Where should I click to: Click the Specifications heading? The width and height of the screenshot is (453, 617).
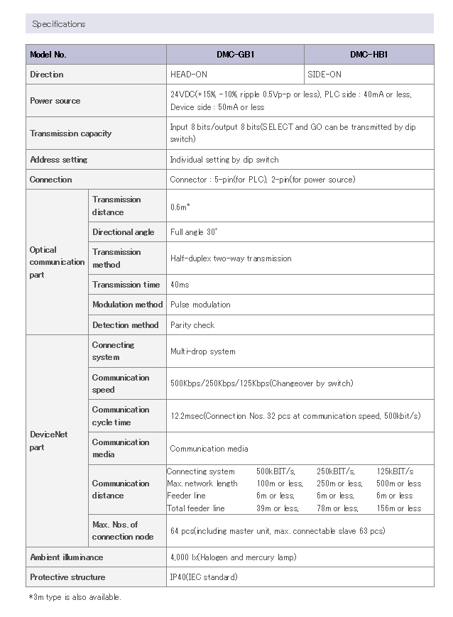point(59,24)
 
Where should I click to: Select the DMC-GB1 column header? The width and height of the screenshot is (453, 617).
point(235,55)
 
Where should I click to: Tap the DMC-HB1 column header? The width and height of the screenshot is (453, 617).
point(369,55)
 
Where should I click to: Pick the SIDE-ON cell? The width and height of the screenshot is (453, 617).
point(324,75)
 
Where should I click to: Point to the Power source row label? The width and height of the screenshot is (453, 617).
point(55,101)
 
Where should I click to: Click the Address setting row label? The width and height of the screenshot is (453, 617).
point(59,160)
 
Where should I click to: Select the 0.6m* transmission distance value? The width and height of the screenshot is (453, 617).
point(180,207)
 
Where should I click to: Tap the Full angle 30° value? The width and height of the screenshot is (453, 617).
point(194,232)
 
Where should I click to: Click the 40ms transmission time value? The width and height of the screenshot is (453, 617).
point(180,285)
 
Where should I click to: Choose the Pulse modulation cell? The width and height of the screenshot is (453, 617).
point(200,305)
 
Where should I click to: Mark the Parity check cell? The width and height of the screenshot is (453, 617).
point(192,325)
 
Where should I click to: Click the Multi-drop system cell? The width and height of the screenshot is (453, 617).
point(203,351)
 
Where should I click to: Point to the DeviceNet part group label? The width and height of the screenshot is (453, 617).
point(49,441)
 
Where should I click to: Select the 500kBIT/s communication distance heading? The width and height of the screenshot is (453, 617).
point(275,471)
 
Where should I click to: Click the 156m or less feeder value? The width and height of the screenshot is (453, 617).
point(399,508)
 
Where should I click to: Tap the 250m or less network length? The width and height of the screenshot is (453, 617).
point(339,484)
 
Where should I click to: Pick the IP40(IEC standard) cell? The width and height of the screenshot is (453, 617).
point(204,577)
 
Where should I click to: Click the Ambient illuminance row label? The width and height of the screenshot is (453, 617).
point(67,557)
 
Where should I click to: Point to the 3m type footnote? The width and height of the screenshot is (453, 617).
point(75,597)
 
